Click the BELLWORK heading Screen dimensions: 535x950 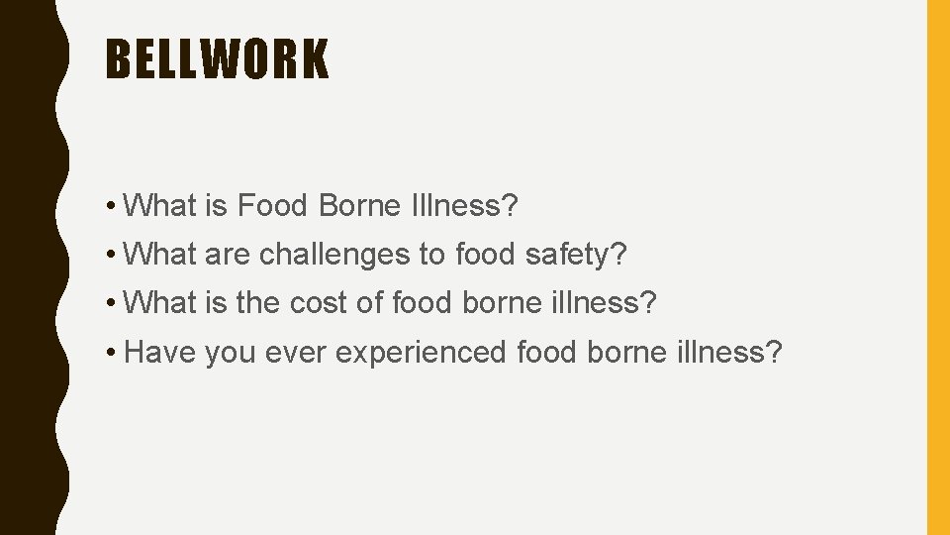tap(217, 59)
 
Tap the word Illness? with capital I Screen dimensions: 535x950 tap(462, 206)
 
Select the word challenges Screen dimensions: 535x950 tap(334, 255)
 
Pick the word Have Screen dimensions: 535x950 tap(160, 352)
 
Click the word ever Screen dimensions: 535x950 tap(298, 352)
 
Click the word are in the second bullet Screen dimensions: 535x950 tap(228, 255)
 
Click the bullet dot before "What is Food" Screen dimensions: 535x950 tap(114, 206)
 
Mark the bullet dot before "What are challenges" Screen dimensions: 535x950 tap(114, 255)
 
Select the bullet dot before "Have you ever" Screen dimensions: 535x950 tap(114, 352)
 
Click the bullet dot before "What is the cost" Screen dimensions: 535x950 tap(114, 303)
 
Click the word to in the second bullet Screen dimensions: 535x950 tap(431, 255)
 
